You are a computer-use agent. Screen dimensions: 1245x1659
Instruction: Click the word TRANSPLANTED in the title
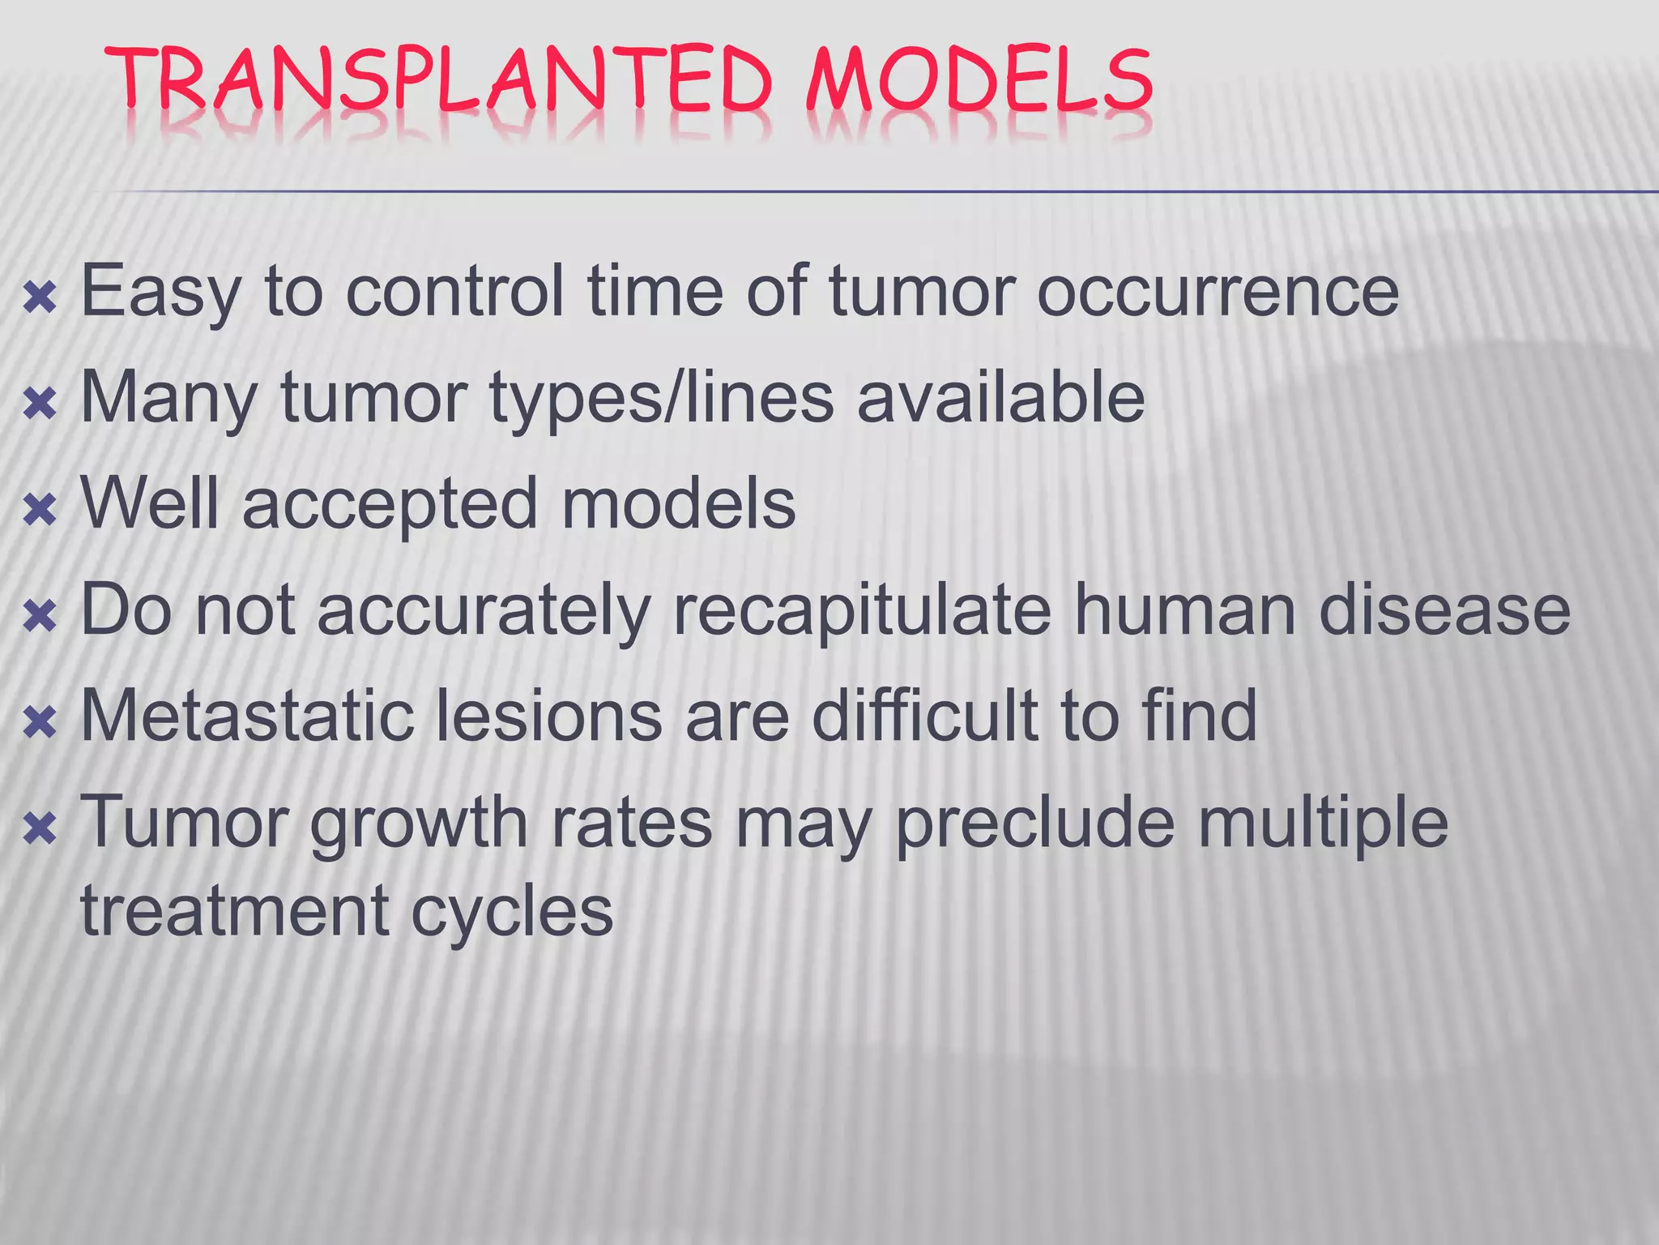click(437, 81)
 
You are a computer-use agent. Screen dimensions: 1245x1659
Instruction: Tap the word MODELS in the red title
click(979, 81)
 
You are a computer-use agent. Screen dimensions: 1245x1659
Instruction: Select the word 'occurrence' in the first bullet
click(1218, 292)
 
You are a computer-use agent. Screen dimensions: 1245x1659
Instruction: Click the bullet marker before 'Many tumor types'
click(40, 404)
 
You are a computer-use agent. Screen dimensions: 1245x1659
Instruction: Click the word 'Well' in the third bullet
click(149, 503)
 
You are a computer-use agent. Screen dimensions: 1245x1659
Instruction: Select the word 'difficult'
click(924, 716)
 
